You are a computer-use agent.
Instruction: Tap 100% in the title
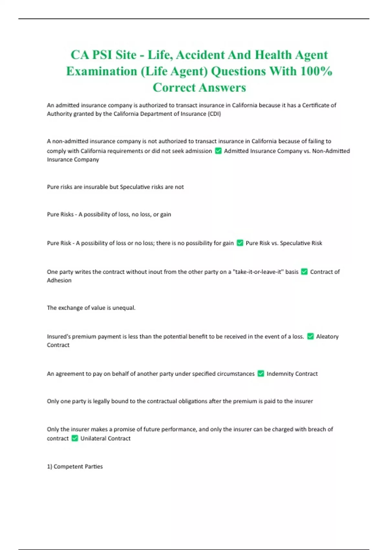pyautogui.click(x=316, y=71)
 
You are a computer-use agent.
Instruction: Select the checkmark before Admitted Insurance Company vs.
pyautogui.click(x=218, y=151)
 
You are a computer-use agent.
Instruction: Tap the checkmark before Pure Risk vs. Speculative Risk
pyautogui.click(x=240, y=243)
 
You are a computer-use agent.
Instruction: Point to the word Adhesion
pyautogui.click(x=59, y=280)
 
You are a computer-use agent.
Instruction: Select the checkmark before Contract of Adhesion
pyautogui.click(x=304, y=272)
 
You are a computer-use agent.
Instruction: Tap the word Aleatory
pyautogui.click(x=327, y=336)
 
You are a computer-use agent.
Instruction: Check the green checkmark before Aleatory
pyautogui.click(x=310, y=336)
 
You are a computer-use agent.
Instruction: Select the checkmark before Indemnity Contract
pyautogui.click(x=261, y=374)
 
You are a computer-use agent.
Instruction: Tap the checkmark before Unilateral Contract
pyautogui.click(x=75, y=438)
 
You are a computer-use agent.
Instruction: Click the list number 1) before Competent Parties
pyautogui.click(x=49, y=467)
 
